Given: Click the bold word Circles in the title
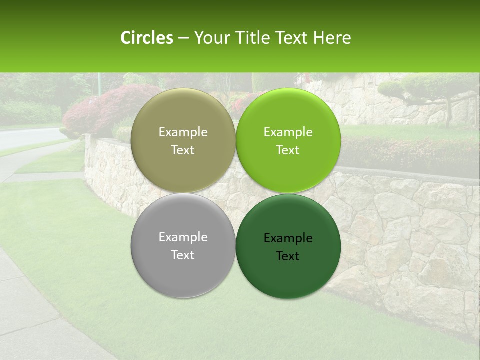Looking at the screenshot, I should pyautogui.click(x=147, y=38).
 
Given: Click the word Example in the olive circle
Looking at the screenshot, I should pyautogui.click(x=183, y=132).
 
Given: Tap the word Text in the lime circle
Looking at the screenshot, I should pyautogui.click(x=288, y=150).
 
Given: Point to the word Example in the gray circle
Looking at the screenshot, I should pyautogui.click(x=183, y=237).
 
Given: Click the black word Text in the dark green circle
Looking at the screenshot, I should pyautogui.click(x=288, y=256).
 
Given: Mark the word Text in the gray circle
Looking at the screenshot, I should pyautogui.click(x=183, y=255).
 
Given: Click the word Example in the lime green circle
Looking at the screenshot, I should pyautogui.click(x=288, y=132).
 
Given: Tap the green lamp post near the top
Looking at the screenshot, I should pyautogui.click(x=99, y=82).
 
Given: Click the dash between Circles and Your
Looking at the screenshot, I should pyautogui.click(x=183, y=38).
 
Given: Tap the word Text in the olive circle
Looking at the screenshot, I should pyautogui.click(x=183, y=150).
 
